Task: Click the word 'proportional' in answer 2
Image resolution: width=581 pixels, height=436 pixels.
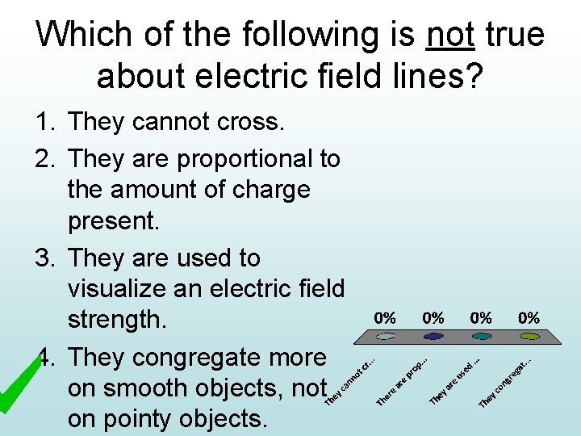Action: (x=259, y=158)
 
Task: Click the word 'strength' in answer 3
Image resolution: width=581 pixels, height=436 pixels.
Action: (x=115, y=320)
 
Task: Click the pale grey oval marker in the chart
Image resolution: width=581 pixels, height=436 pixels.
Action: (x=386, y=336)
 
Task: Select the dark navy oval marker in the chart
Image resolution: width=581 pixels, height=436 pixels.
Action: (x=433, y=336)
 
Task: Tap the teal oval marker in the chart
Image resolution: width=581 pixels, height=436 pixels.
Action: (x=481, y=336)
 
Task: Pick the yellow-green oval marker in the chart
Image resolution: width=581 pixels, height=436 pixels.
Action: (x=529, y=336)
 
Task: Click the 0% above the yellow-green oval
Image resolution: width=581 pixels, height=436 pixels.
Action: (x=529, y=318)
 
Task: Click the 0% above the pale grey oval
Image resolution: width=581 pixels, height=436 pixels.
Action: (x=386, y=318)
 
